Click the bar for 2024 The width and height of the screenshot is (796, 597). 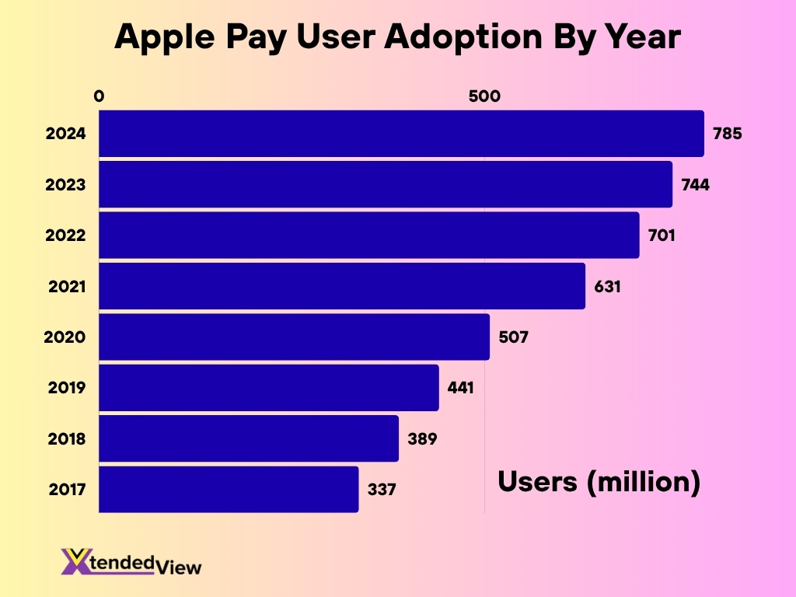401,133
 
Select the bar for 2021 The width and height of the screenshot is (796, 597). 342,286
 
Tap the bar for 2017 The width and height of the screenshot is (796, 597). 229,490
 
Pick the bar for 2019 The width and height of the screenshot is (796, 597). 269,388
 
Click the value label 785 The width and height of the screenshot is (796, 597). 728,133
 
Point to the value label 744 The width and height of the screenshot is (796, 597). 695,184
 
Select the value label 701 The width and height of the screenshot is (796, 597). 662,235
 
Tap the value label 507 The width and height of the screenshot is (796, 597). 513,337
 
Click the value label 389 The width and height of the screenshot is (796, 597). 422,438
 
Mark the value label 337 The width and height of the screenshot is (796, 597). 382,490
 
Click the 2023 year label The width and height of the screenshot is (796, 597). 65,185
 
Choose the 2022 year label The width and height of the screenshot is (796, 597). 65,236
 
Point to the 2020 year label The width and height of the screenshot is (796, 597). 65,337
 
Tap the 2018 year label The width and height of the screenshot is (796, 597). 65,439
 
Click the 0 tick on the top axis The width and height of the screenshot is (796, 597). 99,96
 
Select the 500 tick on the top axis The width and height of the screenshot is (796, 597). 484,96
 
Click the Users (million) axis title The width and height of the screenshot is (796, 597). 599,483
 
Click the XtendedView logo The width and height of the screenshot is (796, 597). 131,562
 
